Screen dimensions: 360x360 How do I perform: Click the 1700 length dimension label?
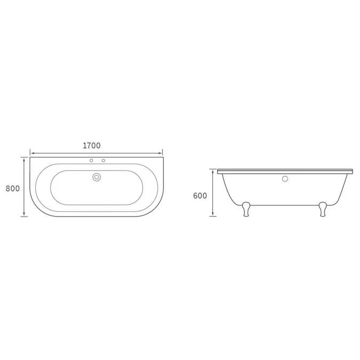click(x=92, y=146)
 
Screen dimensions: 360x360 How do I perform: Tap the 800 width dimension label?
click(x=13, y=188)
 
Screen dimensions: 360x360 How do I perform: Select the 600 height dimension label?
click(x=200, y=196)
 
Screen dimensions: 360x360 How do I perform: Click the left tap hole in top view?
click(x=91, y=161)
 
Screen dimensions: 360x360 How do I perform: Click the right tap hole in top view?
click(x=103, y=161)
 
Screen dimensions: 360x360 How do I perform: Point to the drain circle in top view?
click(x=97, y=177)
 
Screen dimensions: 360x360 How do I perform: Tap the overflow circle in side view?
click(x=285, y=179)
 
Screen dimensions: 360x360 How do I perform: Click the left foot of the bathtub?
click(x=246, y=209)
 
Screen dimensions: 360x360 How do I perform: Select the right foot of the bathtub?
click(x=323, y=209)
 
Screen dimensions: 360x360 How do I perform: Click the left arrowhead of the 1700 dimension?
click(x=33, y=153)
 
